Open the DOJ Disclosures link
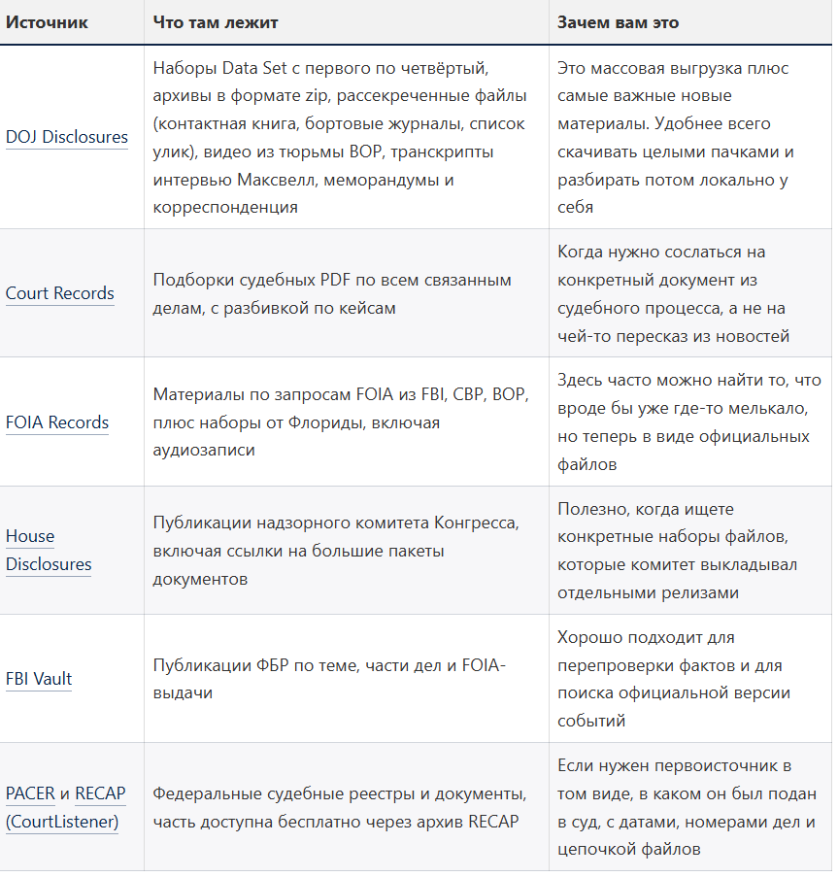(67, 137)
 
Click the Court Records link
(60, 293)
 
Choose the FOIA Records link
(57, 422)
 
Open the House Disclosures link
(49, 550)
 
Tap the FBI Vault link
(39, 679)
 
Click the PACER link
(30, 793)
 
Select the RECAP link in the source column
(100, 793)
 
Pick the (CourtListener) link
(62, 822)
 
